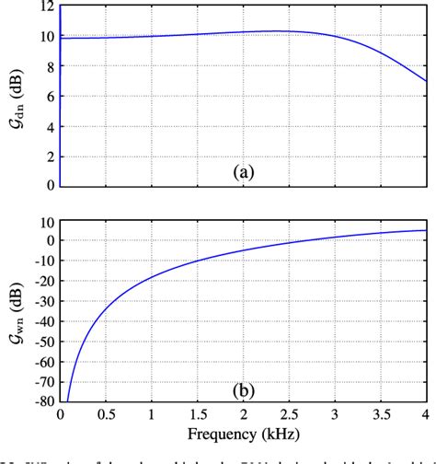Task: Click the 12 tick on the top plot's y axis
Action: (43, 7)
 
